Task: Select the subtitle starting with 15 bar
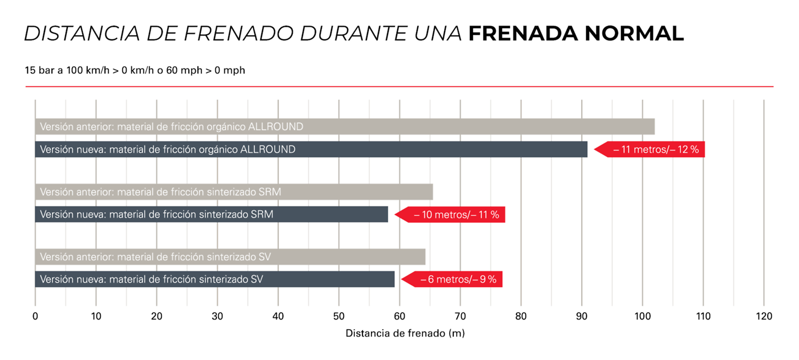pyautogui.click(x=135, y=70)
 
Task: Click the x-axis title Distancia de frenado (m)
pyautogui.click(x=405, y=333)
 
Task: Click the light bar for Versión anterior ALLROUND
pyautogui.click(x=345, y=127)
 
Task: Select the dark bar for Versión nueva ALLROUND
pyautogui.click(x=311, y=149)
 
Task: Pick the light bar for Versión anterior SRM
pyautogui.click(x=234, y=192)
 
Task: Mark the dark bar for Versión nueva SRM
pyautogui.click(x=211, y=215)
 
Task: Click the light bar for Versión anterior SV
pyautogui.click(x=230, y=257)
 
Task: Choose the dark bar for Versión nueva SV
pyautogui.click(x=215, y=280)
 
